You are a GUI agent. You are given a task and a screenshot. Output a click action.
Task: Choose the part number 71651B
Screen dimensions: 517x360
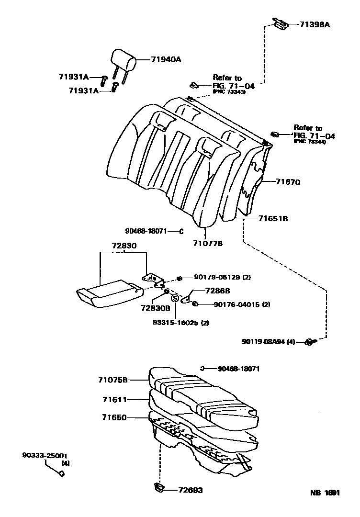click(273, 218)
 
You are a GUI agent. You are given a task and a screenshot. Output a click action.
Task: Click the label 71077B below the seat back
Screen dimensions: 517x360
click(207, 244)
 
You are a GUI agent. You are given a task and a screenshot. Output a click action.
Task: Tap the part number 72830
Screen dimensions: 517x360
click(124, 246)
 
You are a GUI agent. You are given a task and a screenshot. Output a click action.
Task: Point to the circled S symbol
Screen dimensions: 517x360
click(175, 299)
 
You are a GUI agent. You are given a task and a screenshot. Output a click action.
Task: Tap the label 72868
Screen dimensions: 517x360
click(217, 291)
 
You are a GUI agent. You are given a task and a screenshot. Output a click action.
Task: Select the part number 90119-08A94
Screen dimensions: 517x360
click(267, 341)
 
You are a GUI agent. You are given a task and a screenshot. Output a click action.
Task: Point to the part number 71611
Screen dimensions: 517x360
click(114, 399)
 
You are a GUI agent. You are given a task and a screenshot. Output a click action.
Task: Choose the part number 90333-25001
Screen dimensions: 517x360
click(45, 455)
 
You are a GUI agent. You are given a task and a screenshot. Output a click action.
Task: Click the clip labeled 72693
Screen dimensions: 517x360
click(159, 487)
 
